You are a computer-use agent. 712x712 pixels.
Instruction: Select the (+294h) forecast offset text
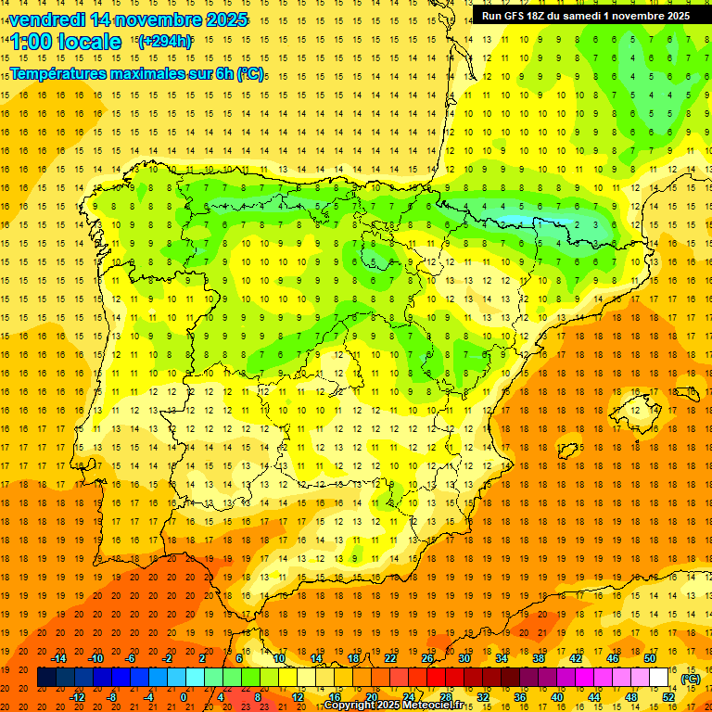click(x=164, y=42)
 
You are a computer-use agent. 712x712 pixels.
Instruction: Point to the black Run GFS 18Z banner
click(x=585, y=16)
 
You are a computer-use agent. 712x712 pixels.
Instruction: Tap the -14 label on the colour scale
click(x=59, y=658)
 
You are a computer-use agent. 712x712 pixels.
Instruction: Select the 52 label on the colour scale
click(x=668, y=697)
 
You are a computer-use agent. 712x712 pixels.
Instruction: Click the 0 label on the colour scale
click(x=184, y=697)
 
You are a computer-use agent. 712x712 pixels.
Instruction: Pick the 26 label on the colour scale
click(x=427, y=658)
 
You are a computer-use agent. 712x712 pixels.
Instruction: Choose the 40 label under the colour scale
click(x=557, y=697)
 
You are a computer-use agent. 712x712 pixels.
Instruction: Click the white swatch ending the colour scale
click(x=659, y=678)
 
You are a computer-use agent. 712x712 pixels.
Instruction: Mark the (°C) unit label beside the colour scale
click(x=691, y=679)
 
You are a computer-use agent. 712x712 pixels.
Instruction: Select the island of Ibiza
click(x=567, y=448)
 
